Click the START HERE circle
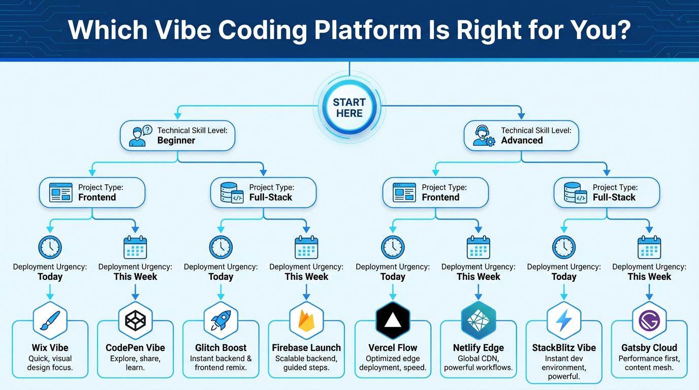[x=349, y=108]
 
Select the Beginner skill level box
[x=177, y=136]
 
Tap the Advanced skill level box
[x=521, y=136]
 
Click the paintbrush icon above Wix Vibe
[x=50, y=320]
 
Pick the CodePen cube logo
[x=135, y=320]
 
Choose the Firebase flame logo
[x=306, y=320]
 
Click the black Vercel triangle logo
[x=393, y=320]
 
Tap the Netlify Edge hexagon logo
[x=478, y=320]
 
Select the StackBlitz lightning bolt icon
[x=563, y=320]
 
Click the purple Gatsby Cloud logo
[x=649, y=320]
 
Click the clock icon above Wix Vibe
[x=50, y=247]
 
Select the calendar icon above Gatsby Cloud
[x=649, y=247]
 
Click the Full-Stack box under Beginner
[x=263, y=192]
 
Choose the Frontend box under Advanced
[x=435, y=192]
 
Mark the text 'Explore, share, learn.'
[x=135, y=363]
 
